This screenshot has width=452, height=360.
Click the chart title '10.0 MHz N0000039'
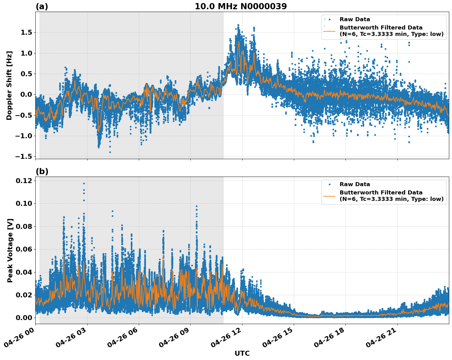point(240,6)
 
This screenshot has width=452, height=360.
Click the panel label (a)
point(42,6)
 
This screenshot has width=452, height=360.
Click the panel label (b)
point(42,171)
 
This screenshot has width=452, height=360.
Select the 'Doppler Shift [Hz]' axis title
point(9,85)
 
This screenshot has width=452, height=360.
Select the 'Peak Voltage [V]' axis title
point(10,250)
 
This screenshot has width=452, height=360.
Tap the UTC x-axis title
point(242,353)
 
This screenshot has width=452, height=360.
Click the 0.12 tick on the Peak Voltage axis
point(24,181)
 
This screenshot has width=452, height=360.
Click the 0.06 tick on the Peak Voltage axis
point(24,249)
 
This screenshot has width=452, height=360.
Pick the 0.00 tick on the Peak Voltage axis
point(24,318)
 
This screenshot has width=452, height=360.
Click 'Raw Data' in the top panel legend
point(355,19)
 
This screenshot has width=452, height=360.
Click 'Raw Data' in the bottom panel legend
point(355,184)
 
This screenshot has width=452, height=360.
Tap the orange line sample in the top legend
point(329,31)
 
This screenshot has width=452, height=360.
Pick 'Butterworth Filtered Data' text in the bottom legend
point(381,193)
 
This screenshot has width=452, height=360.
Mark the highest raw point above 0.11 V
point(84,183)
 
